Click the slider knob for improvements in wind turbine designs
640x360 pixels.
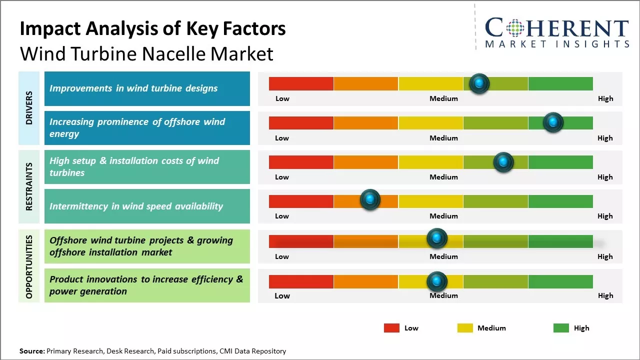click(479, 83)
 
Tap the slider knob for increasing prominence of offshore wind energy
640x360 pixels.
click(553, 122)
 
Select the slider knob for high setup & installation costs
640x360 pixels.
click(503, 162)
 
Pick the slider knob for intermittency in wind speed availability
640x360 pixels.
click(370, 199)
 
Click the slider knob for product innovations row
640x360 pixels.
click(437, 281)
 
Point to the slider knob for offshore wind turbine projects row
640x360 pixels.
click(437, 238)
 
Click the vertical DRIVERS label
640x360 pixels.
click(29, 107)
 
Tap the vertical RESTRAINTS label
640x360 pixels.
click(29, 186)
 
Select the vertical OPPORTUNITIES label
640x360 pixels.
click(29, 266)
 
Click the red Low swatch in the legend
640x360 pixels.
click(391, 328)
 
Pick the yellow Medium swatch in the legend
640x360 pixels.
click(465, 328)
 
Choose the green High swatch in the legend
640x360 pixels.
click(561, 328)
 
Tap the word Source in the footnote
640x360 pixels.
click(32, 351)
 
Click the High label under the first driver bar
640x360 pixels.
click(605, 98)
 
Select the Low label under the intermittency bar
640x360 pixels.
click(282, 216)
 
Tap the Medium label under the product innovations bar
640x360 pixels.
click(443, 295)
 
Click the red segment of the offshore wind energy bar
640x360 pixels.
click(301, 122)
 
